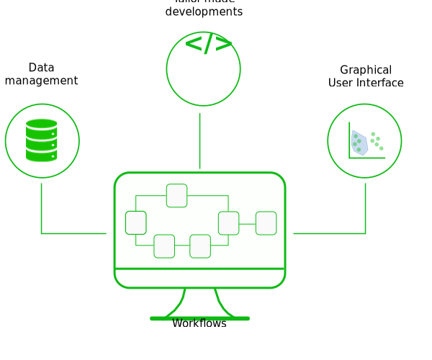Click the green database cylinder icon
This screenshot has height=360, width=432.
[42, 140]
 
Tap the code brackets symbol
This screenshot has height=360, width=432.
[208, 45]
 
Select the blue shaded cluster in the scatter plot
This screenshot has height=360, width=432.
[359, 143]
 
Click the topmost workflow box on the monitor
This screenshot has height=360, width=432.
[176, 195]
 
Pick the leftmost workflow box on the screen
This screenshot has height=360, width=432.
[135, 222]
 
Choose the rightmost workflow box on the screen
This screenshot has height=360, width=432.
[266, 223]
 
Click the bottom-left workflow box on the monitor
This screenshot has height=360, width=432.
[164, 246]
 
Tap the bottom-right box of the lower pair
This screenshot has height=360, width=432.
[200, 246]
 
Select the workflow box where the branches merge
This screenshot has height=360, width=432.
[228, 223]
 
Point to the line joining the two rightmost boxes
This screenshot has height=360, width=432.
[247, 224]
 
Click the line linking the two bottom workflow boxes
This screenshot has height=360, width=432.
[182, 246]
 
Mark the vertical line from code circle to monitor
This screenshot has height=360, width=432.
[199, 140]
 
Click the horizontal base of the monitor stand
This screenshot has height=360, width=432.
[199, 318]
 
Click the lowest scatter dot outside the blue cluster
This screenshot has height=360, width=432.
[382, 148]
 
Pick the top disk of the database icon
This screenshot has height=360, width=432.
[42, 125]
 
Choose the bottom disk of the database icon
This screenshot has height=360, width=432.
[42, 155]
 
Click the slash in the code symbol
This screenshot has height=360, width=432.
[208, 45]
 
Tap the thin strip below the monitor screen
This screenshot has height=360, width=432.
[199, 278]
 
